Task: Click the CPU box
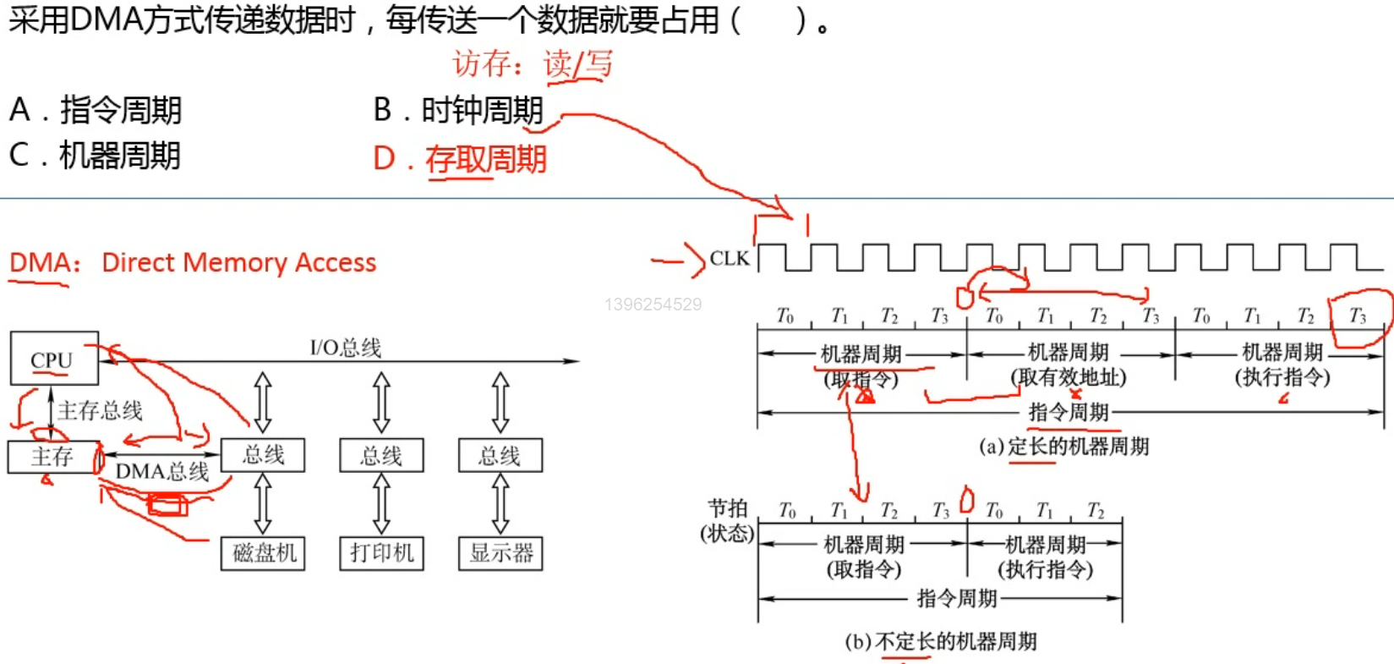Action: [54, 359]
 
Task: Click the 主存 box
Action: [53, 457]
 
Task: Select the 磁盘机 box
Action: [264, 553]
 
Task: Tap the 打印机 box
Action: [381, 553]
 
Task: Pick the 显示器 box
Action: [500, 553]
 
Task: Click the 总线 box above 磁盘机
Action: [263, 455]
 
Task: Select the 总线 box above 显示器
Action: [500, 455]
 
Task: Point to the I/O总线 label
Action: [346, 347]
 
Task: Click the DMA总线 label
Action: [162, 471]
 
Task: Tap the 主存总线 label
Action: [101, 411]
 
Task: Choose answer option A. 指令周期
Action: [96, 110]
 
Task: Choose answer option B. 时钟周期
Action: [458, 110]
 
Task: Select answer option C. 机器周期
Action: [95, 156]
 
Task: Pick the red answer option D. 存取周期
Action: [461, 159]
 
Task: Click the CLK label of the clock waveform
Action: [729, 258]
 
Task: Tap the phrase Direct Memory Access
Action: [238, 263]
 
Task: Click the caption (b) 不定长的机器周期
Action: [941, 641]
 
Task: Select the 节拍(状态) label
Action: [727, 520]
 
